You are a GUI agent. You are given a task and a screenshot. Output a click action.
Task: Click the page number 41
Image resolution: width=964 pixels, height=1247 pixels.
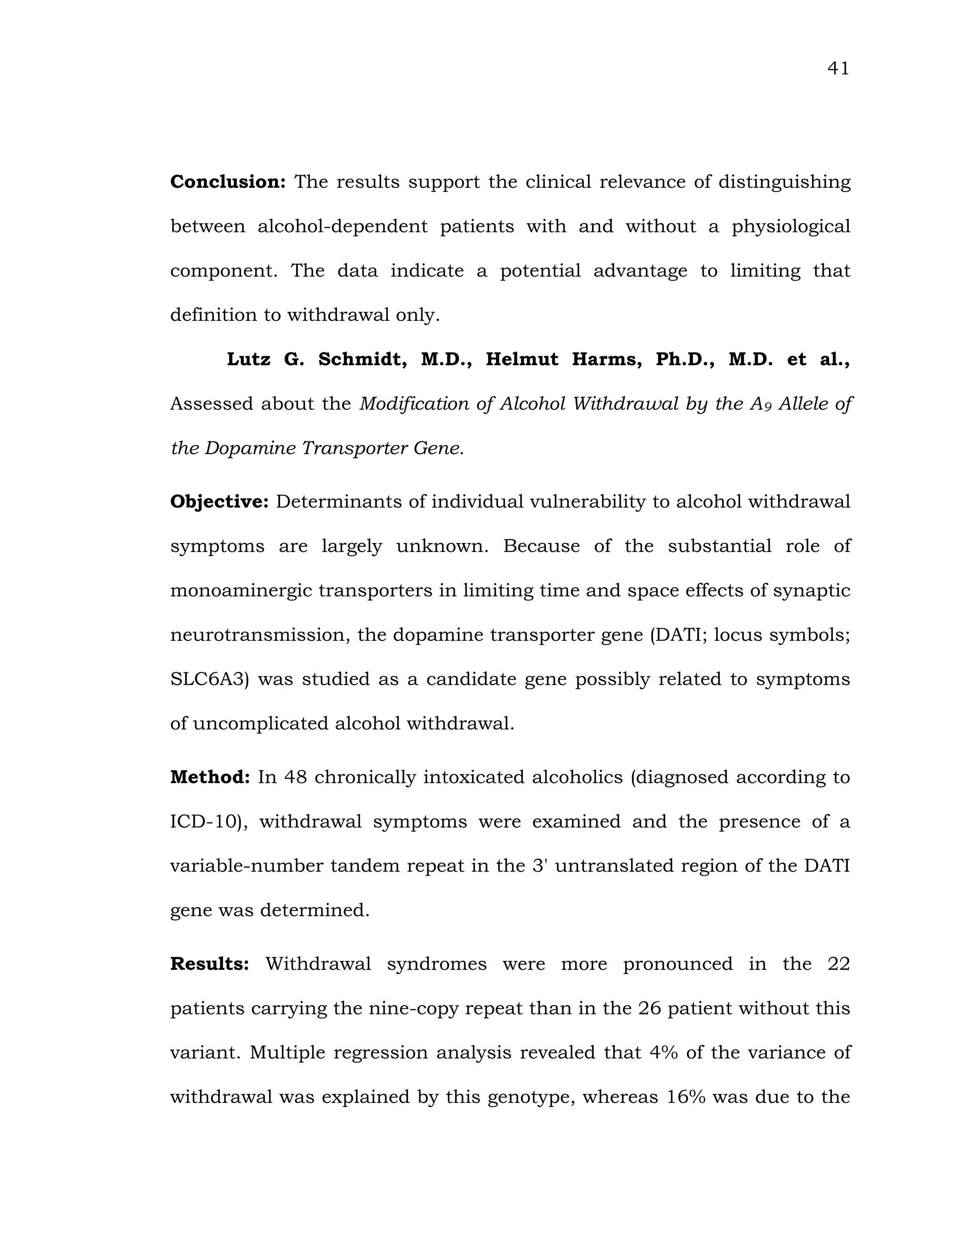coord(838,69)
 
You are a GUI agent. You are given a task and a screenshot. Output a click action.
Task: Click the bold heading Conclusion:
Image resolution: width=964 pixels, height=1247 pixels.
coord(228,182)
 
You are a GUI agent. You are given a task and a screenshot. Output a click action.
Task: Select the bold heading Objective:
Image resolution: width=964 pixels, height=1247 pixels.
coord(219,502)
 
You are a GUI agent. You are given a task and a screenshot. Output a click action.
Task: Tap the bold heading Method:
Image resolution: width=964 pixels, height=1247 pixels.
coord(210,777)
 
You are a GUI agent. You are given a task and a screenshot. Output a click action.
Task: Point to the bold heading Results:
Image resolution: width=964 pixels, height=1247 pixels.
coord(209,964)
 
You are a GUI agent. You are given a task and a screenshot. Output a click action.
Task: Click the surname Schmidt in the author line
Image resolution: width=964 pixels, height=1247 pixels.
coord(362,360)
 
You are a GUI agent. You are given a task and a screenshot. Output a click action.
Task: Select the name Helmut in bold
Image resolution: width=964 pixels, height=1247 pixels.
coord(522,360)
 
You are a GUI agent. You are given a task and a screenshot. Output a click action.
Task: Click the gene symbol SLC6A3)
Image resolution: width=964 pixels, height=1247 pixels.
coord(209,679)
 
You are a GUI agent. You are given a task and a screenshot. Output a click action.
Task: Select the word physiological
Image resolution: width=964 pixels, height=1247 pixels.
coord(791,227)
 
